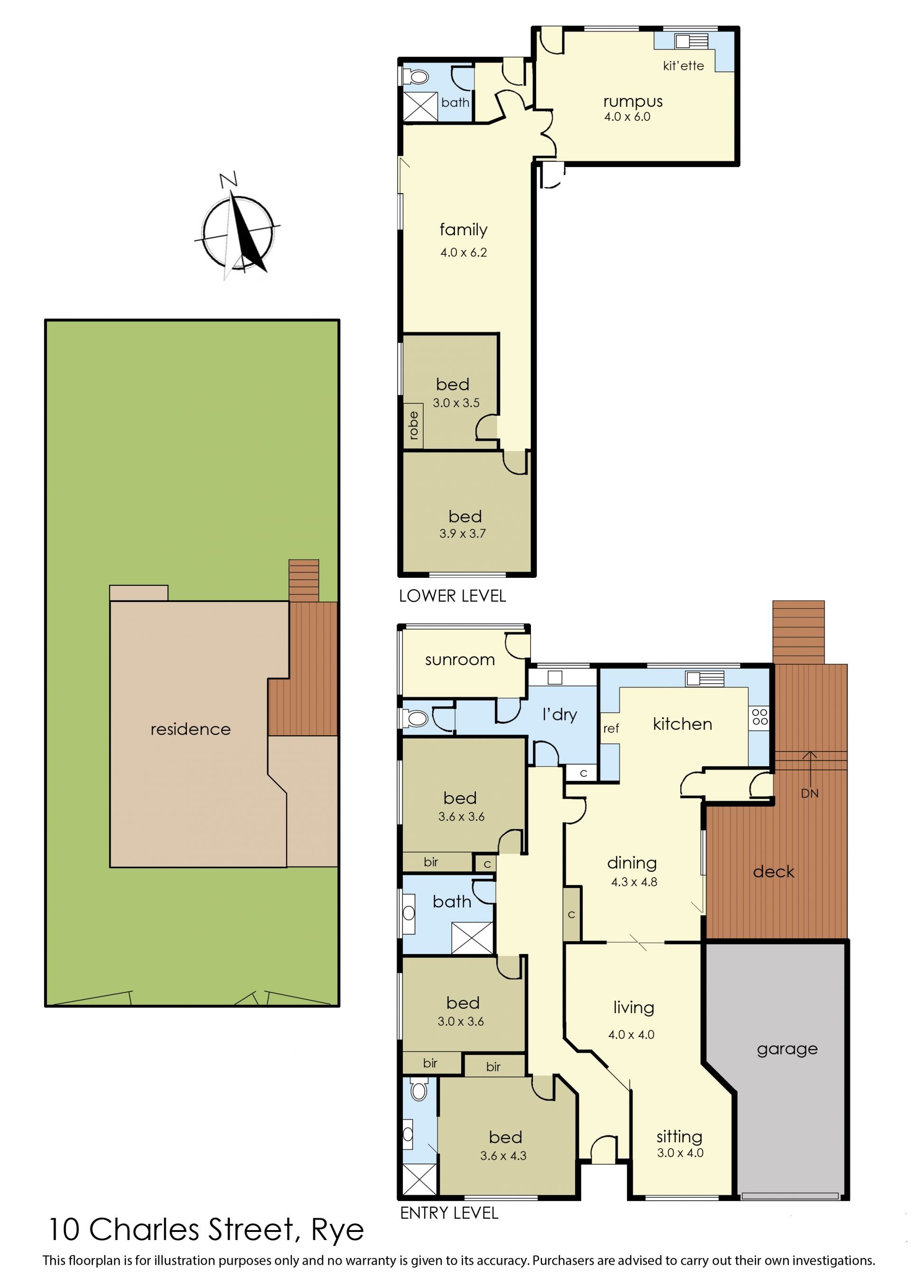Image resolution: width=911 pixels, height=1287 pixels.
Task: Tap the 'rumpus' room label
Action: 633,102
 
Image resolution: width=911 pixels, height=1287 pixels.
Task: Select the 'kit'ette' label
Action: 683,65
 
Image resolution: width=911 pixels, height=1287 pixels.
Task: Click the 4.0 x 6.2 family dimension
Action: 464,252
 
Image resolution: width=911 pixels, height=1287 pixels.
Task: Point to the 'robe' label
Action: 413,425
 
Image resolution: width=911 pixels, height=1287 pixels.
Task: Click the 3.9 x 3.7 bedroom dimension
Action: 462,533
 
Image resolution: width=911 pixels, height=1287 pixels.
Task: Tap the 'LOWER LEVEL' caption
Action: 452,596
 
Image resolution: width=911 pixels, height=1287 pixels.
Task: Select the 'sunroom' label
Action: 460,660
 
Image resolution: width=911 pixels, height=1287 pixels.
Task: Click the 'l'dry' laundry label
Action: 559,714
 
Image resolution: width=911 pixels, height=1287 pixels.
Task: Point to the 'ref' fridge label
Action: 611,729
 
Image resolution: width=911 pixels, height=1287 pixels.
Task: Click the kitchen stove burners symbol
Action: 760,717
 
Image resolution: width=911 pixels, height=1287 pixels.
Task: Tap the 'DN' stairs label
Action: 809,794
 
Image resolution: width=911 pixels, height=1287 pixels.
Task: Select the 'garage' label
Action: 787,1049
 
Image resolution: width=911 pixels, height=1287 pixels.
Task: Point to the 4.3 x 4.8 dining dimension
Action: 634,881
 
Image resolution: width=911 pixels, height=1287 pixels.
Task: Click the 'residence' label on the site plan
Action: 191,729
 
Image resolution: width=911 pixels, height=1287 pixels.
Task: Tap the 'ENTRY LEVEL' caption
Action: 449,1213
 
